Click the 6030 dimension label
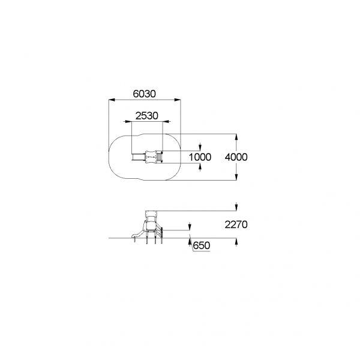(144, 94)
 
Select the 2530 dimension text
(146, 116)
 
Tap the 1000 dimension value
(200, 157)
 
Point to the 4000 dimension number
(236, 157)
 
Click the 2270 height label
(236, 224)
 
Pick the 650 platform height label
(202, 245)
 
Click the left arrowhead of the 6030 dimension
(112, 100)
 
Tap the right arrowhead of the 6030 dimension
(178, 100)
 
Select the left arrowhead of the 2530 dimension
(127, 121)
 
